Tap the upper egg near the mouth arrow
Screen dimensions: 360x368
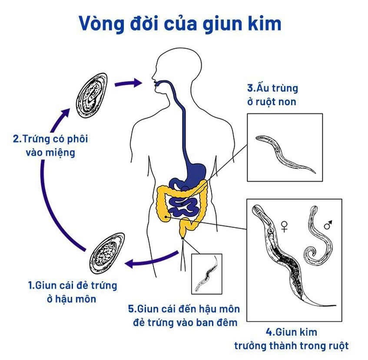[92, 94]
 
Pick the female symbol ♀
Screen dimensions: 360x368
[284, 226]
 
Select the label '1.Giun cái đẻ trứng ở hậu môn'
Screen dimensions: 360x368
[73, 292]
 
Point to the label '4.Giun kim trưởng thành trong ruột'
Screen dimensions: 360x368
[292, 339]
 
